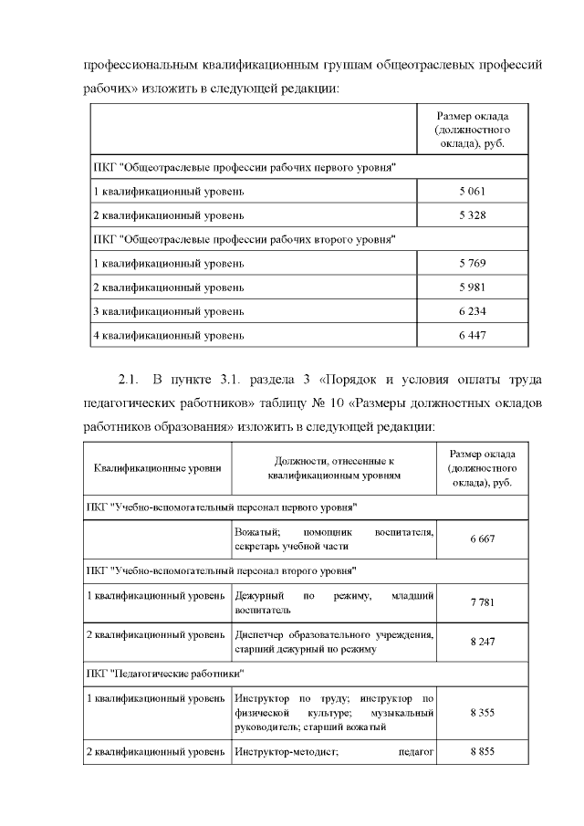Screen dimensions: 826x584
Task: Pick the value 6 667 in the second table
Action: click(x=482, y=539)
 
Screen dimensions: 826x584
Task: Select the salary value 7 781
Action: click(x=482, y=602)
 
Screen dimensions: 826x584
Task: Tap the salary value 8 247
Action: click(x=482, y=642)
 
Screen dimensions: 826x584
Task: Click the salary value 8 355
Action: click(x=482, y=712)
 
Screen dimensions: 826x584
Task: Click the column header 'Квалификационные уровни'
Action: click(x=157, y=468)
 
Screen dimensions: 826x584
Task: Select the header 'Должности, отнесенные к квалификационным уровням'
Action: click(x=333, y=468)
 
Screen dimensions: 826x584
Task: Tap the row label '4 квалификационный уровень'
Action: click(x=168, y=335)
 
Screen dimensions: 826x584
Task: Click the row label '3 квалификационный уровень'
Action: click(x=168, y=311)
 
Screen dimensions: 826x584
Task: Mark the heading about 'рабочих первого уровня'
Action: click(x=244, y=168)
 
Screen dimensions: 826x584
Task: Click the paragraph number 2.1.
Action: click(x=127, y=379)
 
